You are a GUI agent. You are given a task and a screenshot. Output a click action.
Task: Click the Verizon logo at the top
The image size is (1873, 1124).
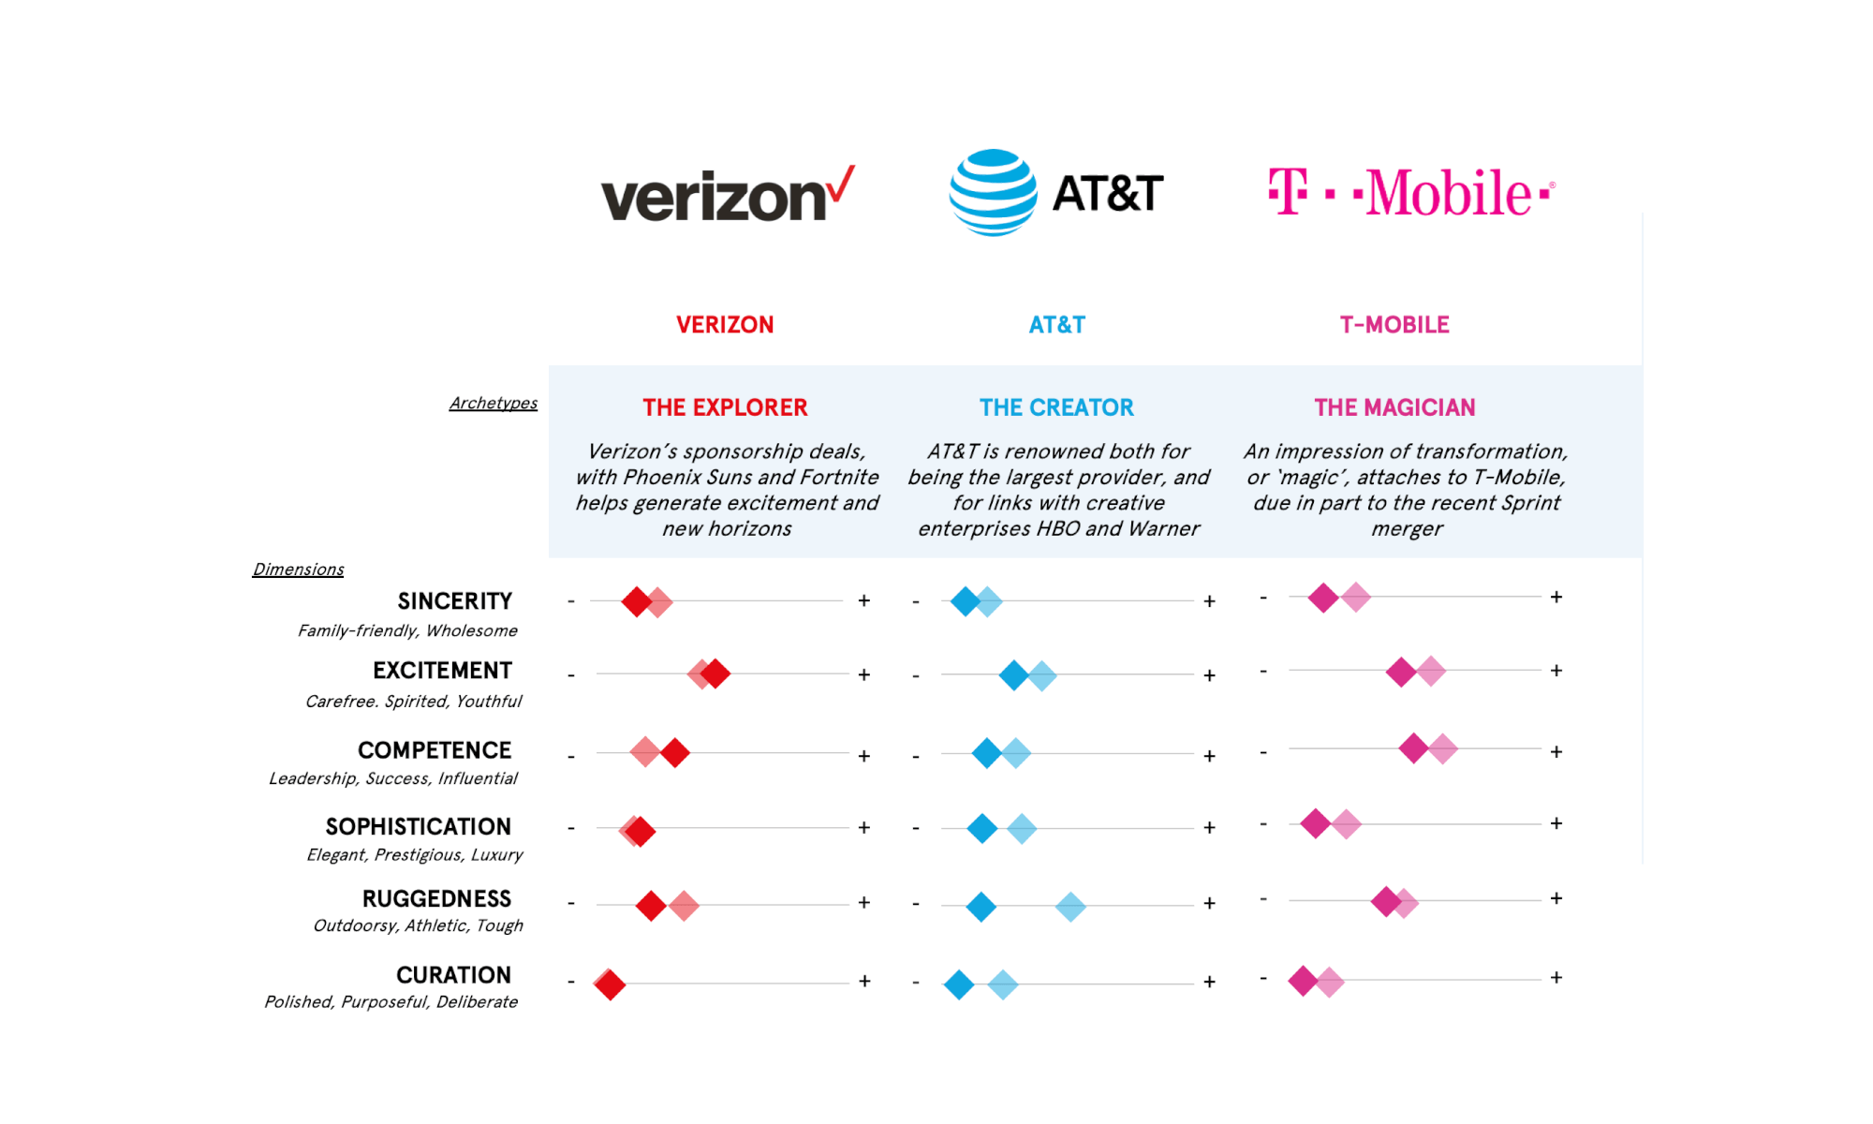click(x=727, y=195)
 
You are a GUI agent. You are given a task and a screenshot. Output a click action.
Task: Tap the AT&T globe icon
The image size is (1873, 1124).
click(x=993, y=192)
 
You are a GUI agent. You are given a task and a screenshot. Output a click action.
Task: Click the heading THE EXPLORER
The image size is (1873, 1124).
click(x=725, y=407)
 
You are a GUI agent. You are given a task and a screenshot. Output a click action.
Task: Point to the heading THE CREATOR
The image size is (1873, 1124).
click(x=1056, y=407)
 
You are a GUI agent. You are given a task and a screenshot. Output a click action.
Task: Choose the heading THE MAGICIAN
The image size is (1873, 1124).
click(x=1394, y=407)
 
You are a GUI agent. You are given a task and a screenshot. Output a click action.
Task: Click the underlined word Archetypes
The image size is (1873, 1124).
click(x=493, y=403)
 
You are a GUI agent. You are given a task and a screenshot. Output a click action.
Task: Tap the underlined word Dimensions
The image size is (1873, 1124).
click(x=298, y=569)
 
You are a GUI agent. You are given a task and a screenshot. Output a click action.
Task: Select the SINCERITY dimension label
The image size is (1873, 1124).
click(x=454, y=601)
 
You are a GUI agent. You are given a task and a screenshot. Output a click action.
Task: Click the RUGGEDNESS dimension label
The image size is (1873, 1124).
click(x=436, y=899)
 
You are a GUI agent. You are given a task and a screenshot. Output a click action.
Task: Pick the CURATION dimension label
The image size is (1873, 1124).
click(x=453, y=975)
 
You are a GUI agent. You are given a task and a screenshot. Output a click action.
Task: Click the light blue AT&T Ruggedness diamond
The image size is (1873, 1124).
click(x=1070, y=907)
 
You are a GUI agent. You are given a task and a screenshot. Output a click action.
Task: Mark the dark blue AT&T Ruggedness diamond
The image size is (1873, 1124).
click(x=981, y=907)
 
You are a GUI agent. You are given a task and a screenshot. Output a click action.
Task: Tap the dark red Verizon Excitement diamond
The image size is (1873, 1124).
click(x=715, y=673)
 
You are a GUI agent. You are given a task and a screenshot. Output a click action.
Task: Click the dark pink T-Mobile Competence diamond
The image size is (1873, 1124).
click(x=1413, y=748)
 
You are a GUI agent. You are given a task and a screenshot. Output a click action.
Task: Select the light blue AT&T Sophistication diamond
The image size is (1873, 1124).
click(x=1022, y=828)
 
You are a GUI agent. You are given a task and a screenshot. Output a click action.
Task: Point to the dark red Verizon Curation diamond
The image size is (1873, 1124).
click(x=610, y=984)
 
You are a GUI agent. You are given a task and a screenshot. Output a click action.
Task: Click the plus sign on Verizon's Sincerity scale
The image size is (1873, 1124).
click(x=864, y=600)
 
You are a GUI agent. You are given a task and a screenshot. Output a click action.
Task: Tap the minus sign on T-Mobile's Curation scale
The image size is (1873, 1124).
click(x=1263, y=979)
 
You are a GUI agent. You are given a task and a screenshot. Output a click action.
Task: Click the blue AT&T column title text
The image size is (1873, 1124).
click(x=1056, y=325)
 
